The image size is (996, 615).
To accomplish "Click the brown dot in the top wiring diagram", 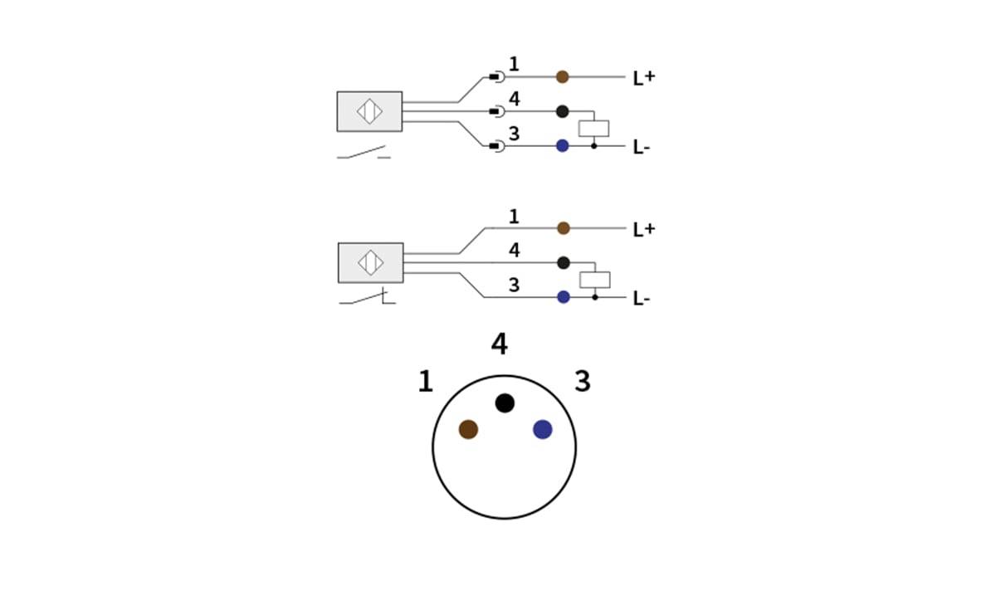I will [562, 77].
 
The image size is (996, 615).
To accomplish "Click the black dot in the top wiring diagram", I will [562, 111].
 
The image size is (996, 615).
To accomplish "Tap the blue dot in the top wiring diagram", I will [562, 146].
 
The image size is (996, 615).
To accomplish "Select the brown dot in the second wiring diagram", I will [564, 228].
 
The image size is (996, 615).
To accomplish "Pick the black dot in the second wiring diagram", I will [564, 263].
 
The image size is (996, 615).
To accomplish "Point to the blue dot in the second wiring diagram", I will [564, 297].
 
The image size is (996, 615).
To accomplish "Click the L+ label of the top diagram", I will [643, 78].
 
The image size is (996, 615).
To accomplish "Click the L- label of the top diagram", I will [641, 148].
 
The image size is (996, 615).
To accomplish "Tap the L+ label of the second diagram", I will [643, 230].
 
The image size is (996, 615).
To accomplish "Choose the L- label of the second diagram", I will [641, 299].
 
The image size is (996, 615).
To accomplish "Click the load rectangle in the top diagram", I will [593, 129].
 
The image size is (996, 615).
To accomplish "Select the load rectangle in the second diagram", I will [594, 280].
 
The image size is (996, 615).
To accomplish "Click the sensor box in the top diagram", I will [369, 111].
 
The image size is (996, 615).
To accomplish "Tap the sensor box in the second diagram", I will [370, 263].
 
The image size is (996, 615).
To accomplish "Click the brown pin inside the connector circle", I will [468, 429].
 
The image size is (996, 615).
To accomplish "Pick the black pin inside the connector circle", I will [505, 403].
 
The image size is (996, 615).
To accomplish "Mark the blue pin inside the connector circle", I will [543, 429].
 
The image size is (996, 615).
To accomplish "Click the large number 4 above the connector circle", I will [499, 344].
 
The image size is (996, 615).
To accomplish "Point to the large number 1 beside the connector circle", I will [425, 382].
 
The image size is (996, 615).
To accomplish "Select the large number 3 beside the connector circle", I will [583, 382].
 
